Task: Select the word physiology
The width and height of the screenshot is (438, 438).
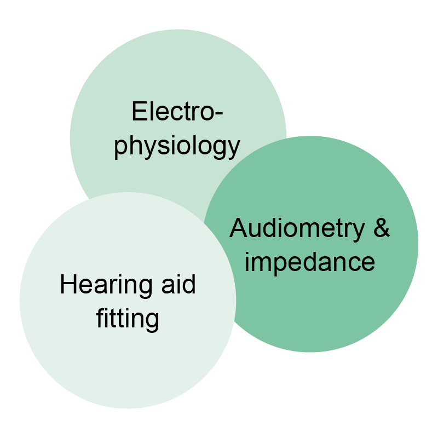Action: point(177,147)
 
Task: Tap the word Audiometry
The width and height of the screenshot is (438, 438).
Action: point(296,228)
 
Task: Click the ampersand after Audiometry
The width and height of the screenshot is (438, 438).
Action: point(381,228)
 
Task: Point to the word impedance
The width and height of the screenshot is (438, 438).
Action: point(310,262)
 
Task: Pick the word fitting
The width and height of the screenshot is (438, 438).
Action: point(128,319)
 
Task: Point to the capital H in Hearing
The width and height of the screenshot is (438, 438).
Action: point(67,285)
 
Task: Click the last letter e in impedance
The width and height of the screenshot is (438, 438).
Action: point(368,263)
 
